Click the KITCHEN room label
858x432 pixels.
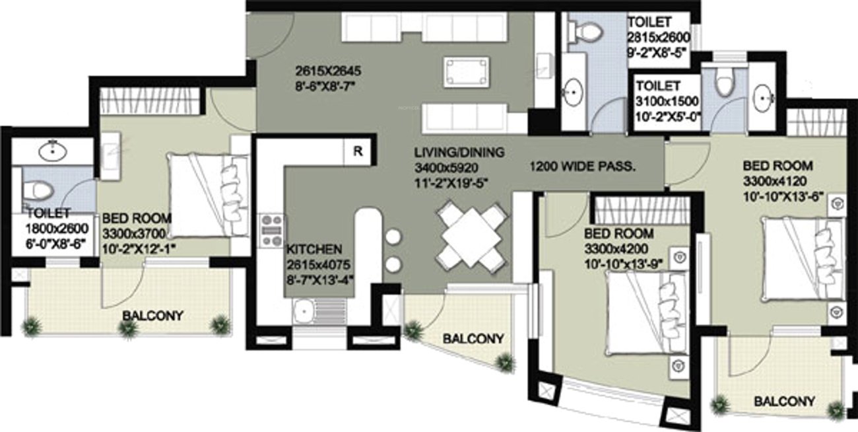[313, 250]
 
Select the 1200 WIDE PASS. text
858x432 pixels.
[583, 167]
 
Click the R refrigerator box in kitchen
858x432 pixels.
[358, 151]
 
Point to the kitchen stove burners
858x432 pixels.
[271, 230]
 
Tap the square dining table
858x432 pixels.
[472, 236]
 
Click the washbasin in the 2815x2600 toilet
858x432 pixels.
[572, 90]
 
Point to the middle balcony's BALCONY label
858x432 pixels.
[473, 339]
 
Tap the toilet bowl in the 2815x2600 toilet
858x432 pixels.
[586, 29]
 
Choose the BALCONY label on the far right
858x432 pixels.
[784, 401]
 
